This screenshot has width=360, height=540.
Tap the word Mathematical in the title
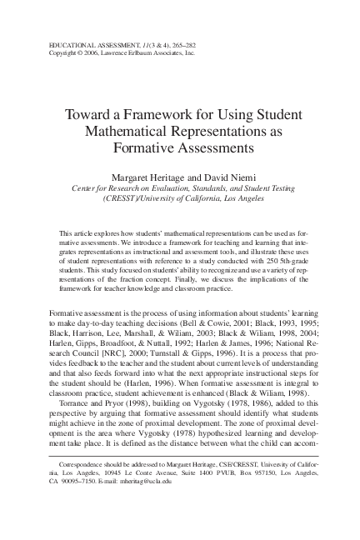122,132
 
